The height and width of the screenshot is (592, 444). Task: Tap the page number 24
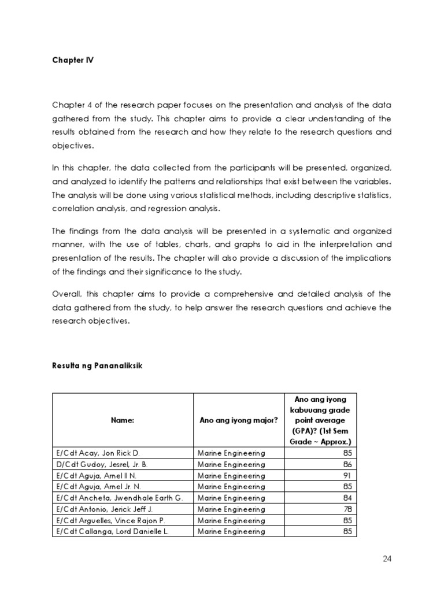click(387, 558)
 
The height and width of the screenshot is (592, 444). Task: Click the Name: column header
click(122, 420)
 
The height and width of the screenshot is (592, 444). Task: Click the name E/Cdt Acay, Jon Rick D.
click(98, 454)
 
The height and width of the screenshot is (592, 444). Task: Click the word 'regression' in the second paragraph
click(194, 209)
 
